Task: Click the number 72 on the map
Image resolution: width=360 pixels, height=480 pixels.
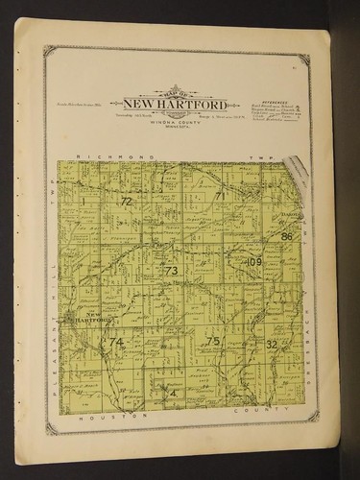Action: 126,202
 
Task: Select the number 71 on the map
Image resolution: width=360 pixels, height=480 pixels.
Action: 219,197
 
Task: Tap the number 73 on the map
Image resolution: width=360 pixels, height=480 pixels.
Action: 171,271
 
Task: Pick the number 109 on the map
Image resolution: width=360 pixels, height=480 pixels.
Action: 254,262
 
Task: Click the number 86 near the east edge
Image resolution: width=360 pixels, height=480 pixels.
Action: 286,236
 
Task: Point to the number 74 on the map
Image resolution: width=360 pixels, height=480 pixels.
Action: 116,342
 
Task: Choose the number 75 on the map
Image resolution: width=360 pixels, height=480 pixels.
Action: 213,341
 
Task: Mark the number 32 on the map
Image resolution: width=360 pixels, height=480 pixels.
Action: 272,344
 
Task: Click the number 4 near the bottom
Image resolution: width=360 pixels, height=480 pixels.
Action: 173,392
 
